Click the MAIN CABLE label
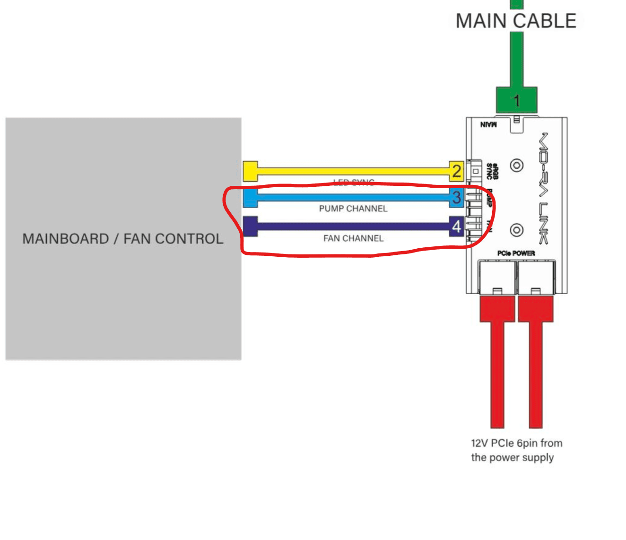click(516, 21)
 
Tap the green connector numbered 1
click(516, 100)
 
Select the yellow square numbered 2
click(456, 171)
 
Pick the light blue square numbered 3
click(456, 197)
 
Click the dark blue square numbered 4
click(456, 226)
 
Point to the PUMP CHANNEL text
click(353, 209)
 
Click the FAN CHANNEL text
click(353, 238)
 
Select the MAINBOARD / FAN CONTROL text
click(123, 239)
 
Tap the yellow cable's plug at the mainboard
click(250, 171)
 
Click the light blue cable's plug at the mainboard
click(250, 198)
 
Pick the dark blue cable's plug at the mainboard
click(250, 226)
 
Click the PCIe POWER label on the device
click(516, 253)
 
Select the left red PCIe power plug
click(497, 309)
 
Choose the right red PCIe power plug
click(536, 309)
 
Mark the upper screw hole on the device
click(517, 165)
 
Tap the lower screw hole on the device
click(517, 230)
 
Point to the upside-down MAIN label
click(488, 124)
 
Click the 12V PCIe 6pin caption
click(516, 450)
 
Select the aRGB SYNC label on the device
click(492, 171)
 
